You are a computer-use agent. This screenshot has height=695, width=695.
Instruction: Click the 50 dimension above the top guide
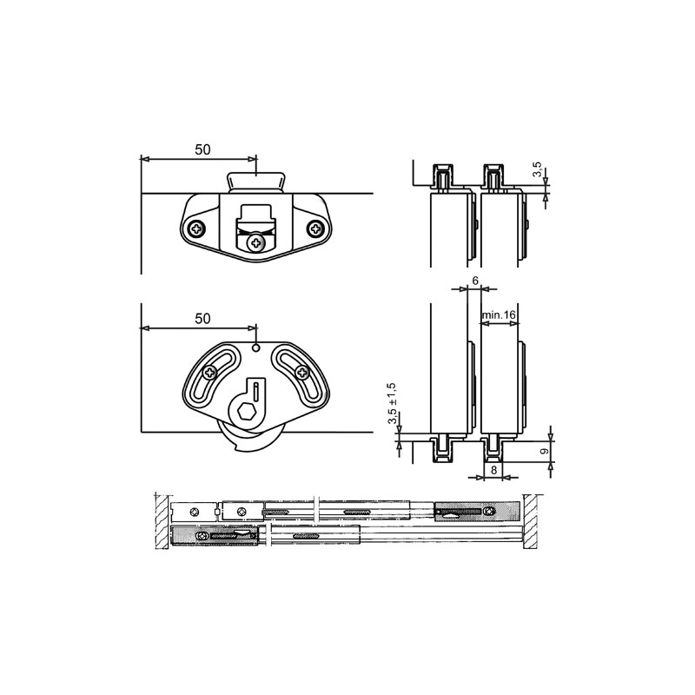click(202, 149)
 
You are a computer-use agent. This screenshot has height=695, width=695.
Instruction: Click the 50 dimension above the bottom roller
click(202, 319)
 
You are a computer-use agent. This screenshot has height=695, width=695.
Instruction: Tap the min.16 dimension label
click(499, 314)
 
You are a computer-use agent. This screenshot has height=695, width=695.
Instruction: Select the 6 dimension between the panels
click(475, 281)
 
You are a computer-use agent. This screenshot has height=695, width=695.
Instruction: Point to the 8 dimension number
click(494, 470)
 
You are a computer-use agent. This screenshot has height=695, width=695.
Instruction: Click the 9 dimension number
click(545, 451)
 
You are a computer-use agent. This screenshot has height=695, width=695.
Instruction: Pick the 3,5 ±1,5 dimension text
click(393, 403)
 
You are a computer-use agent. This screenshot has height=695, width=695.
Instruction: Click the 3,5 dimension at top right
click(537, 169)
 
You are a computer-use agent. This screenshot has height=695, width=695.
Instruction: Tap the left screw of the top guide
click(196, 228)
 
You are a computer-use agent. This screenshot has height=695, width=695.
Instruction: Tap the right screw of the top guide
click(315, 228)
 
